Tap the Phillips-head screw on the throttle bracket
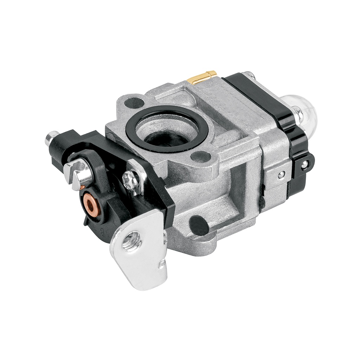pos(131,179)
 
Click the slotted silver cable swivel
pos(78,172)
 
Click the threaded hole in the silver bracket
pos(132,242)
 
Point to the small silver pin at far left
pos(51,138)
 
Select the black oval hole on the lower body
pos(198,225)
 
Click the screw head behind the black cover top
pos(249,75)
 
